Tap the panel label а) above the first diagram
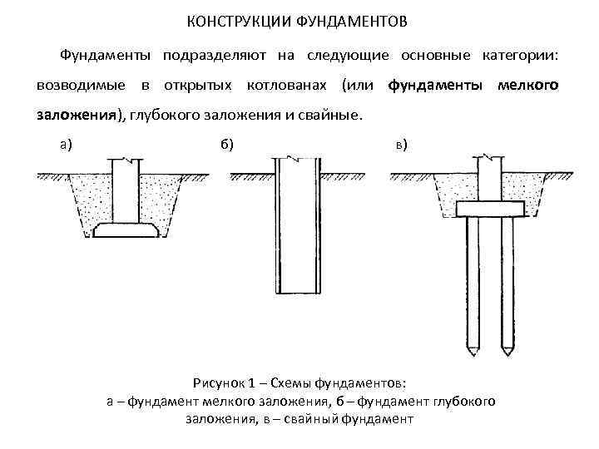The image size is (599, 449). tap(66, 144)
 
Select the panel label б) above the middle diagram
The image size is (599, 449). tap(227, 144)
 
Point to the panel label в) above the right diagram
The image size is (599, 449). tap(401, 145)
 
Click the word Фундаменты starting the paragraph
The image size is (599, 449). tap(104, 56)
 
